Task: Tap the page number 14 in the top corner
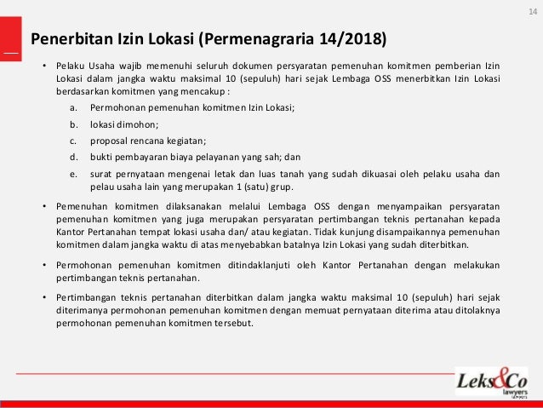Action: pos(533,10)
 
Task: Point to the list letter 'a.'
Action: pos(75,108)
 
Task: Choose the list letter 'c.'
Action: pos(75,141)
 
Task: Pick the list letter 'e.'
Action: pos(75,173)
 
